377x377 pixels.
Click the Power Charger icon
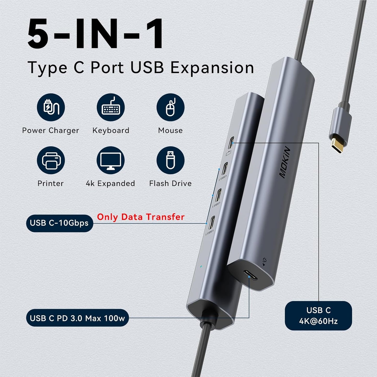click(51, 107)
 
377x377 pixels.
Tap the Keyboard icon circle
click(111, 107)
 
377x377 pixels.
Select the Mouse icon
click(170, 107)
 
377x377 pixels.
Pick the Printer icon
click(51, 160)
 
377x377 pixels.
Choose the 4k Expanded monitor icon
click(111, 160)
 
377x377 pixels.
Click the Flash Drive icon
click(170, 160)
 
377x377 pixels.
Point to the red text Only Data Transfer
click(141, 217)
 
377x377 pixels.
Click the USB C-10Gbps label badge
click(59, 223)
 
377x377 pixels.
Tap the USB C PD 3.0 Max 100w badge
click(77, 318)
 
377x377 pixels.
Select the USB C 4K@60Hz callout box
click(318, 316)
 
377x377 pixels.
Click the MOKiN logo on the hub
click(285, 162)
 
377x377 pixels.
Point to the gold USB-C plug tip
click(337, 146)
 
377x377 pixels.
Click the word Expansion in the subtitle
click(212, 68)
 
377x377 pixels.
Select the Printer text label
click(51, 183)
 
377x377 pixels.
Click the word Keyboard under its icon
click(111, 130)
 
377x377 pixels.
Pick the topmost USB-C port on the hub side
click(231, 142)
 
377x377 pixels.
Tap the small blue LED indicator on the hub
click(201, 266)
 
